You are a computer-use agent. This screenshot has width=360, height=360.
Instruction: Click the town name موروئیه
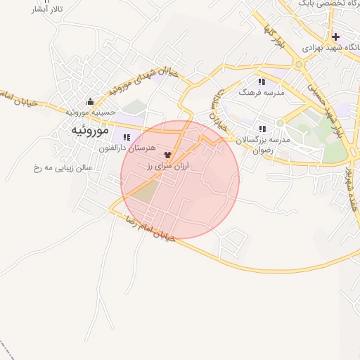coord(89,131)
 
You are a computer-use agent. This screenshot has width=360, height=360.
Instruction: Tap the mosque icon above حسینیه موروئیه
coord(89,101)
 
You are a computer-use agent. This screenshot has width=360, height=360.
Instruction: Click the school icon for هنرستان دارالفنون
coord(127,137)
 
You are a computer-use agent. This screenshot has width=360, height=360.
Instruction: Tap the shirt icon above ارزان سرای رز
coord(167,155)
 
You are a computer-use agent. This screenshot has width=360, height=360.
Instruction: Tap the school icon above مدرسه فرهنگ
coord(262,82)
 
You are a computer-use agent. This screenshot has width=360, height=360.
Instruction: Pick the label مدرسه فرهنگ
coord(261,93)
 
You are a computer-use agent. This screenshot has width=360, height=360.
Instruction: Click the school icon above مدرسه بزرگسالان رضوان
coord(262,129)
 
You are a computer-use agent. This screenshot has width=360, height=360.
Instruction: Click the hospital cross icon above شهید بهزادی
coord(337,37)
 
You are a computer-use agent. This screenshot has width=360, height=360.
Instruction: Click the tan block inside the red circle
coord(145,191)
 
